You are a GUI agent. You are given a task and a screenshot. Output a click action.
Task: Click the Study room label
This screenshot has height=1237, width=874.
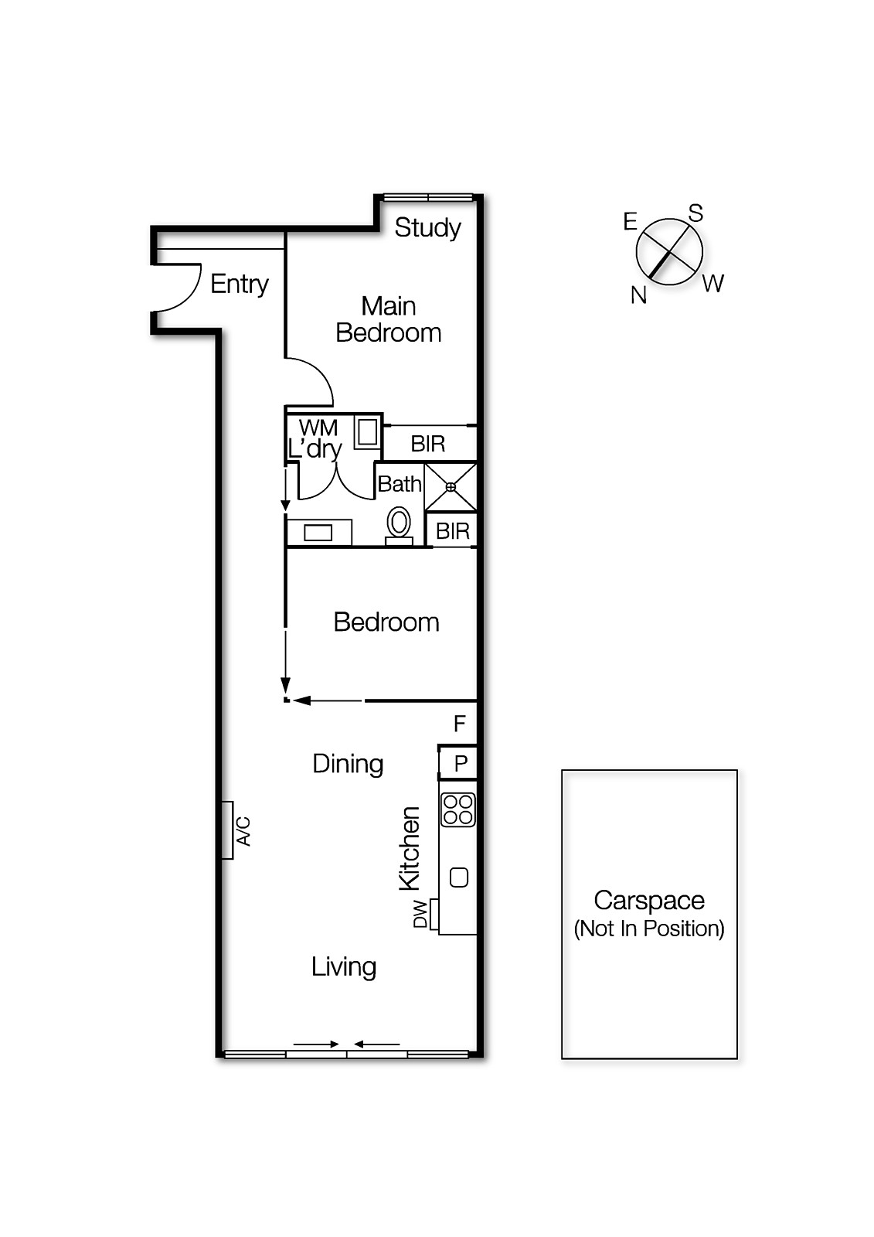[x=427, y=227]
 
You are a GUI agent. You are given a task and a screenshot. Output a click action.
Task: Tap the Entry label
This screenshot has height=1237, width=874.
[x=240, y=284]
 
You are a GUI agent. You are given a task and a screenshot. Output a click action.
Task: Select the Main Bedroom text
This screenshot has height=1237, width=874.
[x=389, y=319]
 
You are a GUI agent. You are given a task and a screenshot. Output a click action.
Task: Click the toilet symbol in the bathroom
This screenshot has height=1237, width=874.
[x=399, y=523]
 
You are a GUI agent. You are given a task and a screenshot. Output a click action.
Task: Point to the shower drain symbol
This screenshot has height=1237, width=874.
[x=451, y=487]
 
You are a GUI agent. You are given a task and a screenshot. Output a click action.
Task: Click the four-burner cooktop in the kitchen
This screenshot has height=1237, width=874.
[x=457, y=809]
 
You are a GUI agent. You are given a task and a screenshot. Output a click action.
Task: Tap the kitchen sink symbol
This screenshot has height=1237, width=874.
[x=459, y=877]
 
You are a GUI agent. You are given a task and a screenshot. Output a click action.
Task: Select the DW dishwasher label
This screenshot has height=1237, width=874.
[x=420, y=914]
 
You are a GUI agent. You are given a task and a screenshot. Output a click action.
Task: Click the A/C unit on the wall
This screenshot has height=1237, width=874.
[x=228, y=830]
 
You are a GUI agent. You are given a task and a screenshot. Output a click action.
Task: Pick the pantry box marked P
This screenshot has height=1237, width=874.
[x=459, y=764]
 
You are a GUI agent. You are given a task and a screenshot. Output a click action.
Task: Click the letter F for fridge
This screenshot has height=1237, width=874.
[x=459, y=724]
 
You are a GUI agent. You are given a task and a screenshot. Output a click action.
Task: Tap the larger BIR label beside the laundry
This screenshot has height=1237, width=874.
[x=428, y=444]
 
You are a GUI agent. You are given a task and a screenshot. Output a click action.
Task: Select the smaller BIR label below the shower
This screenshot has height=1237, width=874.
[x=452, y=531]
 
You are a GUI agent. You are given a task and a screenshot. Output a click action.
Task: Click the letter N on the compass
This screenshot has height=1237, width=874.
[x=638, y=295]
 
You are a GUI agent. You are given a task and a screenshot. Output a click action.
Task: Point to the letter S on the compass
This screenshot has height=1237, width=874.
[x=695, y=213]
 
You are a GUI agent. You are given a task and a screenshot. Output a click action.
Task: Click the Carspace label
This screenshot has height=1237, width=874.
[x=649, y=901]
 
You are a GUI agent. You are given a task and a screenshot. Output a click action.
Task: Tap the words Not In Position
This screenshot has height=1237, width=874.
[x=649, y=929]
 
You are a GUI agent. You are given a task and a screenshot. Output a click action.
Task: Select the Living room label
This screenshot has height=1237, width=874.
[x=344, y=966]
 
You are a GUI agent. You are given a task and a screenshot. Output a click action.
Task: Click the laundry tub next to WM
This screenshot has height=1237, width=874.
[x=367, y=432]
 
